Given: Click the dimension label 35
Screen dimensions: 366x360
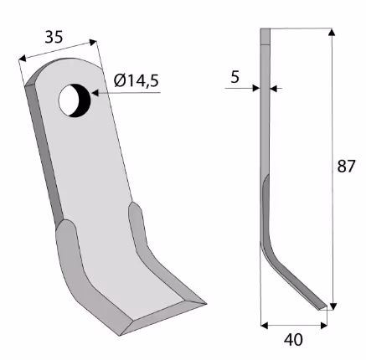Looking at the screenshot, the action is [54, 37].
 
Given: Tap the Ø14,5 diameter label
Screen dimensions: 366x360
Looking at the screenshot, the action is [137, 80].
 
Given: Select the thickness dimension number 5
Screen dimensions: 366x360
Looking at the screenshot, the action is [235, 77].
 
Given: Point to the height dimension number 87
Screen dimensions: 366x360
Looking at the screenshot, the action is [346, 167].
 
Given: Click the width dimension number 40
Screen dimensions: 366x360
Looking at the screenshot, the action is [293, 340].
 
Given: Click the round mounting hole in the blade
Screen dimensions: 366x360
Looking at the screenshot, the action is [75, 100].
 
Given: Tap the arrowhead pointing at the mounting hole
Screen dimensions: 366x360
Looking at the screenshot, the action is [95, 93].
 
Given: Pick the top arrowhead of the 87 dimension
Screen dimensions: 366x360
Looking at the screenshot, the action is [332, 32].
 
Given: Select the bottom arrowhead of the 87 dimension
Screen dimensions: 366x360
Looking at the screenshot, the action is [332, 306].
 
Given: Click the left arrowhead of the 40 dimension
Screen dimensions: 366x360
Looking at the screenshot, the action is [264, 326].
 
